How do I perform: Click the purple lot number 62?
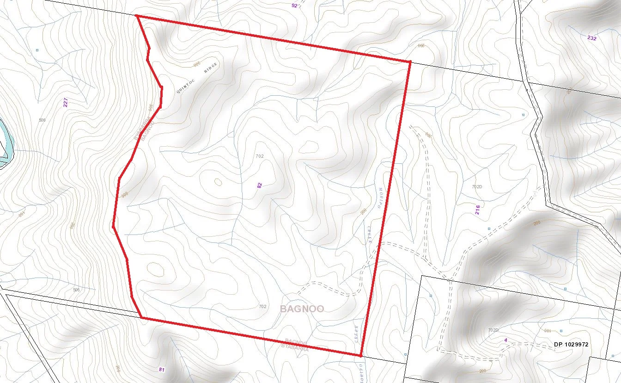coord(260,185)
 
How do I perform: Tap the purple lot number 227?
coord(66,103)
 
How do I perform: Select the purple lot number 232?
coord(592,38)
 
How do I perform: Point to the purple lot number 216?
coord(477,210)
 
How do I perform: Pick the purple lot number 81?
coord(161,370)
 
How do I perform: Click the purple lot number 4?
coord(506,341)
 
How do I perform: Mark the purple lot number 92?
coord(295,6)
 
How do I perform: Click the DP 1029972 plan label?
coord(571,345)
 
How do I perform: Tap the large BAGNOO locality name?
coord(302,309)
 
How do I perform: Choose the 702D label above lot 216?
coord(477,187)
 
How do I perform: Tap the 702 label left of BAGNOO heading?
coord(262,307)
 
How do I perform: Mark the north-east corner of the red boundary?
coord(409,62)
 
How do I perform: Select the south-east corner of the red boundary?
coord(360,355)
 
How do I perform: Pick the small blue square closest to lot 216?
coord(489,229)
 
